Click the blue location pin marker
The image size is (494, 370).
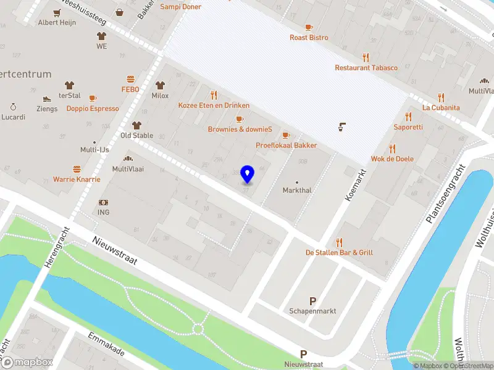coord(248,175)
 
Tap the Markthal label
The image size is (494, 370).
coord(297,190)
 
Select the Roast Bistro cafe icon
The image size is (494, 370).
coord(309,27)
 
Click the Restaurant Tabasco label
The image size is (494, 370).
coord(366,68)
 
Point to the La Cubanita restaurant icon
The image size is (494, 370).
coord(441,97)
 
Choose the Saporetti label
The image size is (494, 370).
coord(408,127)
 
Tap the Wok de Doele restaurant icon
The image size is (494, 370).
coord(392,149)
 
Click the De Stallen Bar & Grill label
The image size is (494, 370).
coord(339,252)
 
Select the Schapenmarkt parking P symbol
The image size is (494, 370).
coord(312,301)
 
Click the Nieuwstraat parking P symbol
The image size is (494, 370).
coord(303,354)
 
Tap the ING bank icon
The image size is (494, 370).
coord(103,203)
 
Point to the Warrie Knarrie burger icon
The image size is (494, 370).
coord(77,169)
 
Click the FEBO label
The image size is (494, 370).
coord(130,89)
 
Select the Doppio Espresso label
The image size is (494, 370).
coord(93,109)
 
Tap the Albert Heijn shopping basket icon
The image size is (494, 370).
coord(119,12)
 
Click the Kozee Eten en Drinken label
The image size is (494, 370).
coord(214,105)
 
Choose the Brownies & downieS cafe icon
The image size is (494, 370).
coord(240,119)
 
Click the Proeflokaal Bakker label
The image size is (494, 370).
coord(287,146)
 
